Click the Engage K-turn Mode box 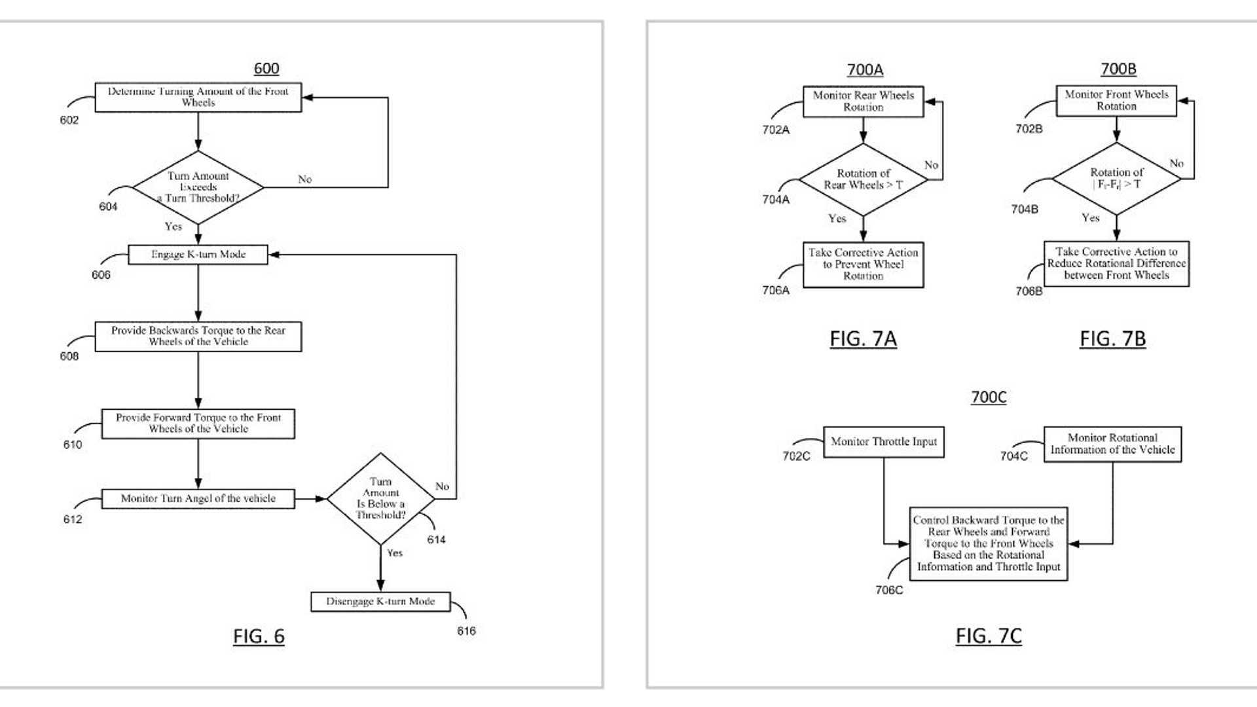click(198, 255)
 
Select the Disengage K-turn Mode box click(380, 602)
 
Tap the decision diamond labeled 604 click(198, 187)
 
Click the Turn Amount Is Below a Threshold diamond click(380, 499)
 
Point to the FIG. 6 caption click(259, 636)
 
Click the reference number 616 click(466, 631)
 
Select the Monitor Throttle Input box click(883, 442)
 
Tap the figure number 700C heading click(989, 397)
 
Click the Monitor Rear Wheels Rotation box click(863, 101)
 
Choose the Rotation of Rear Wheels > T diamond click(863, 179)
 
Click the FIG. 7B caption click(1112, 339)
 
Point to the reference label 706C click(888, 590)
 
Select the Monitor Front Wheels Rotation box click(1116, 101)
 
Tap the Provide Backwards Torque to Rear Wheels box click(198, 336)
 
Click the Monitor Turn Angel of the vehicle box click(198, 499)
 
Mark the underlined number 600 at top click(266, 69)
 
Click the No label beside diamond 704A click(931, 165)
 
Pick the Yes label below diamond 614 click(395, 553)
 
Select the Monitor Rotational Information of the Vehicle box click(1112, 444)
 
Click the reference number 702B click(1029, 129)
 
